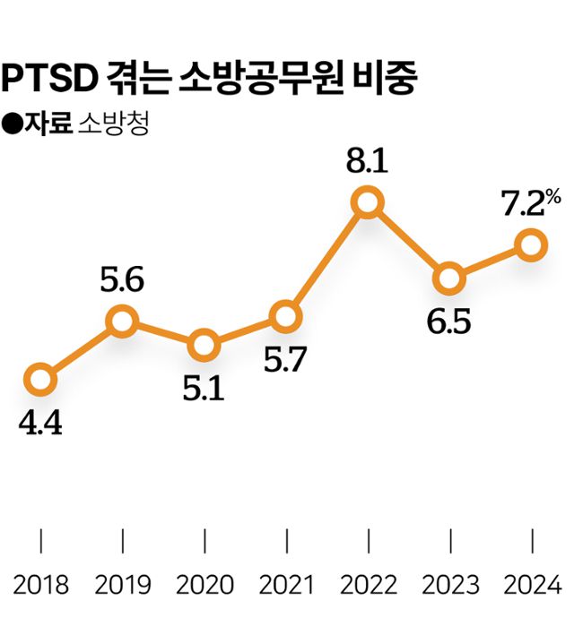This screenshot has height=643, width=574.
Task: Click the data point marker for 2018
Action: point(40,380)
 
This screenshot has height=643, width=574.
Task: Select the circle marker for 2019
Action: point(122,321)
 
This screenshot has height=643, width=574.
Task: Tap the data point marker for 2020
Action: point(204,345)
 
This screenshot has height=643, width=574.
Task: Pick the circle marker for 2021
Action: point(285,316)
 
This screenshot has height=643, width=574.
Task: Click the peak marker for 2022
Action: point(368,203)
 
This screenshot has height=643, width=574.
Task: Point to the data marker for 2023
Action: point(448,279)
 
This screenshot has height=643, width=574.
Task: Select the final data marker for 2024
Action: point(532,244)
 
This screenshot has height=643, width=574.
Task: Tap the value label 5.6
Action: point(122,281)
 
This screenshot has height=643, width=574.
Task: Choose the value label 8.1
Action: point(367,163)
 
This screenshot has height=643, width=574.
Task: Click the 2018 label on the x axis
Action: point(41,586)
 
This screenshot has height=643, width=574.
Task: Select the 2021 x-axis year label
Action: point(285,586)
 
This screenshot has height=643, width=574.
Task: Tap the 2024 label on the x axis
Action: point(533,586)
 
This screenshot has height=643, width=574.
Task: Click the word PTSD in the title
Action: point(50,79)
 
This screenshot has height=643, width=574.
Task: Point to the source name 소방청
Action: point(113,124)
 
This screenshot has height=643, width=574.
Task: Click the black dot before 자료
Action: point(12,124)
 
